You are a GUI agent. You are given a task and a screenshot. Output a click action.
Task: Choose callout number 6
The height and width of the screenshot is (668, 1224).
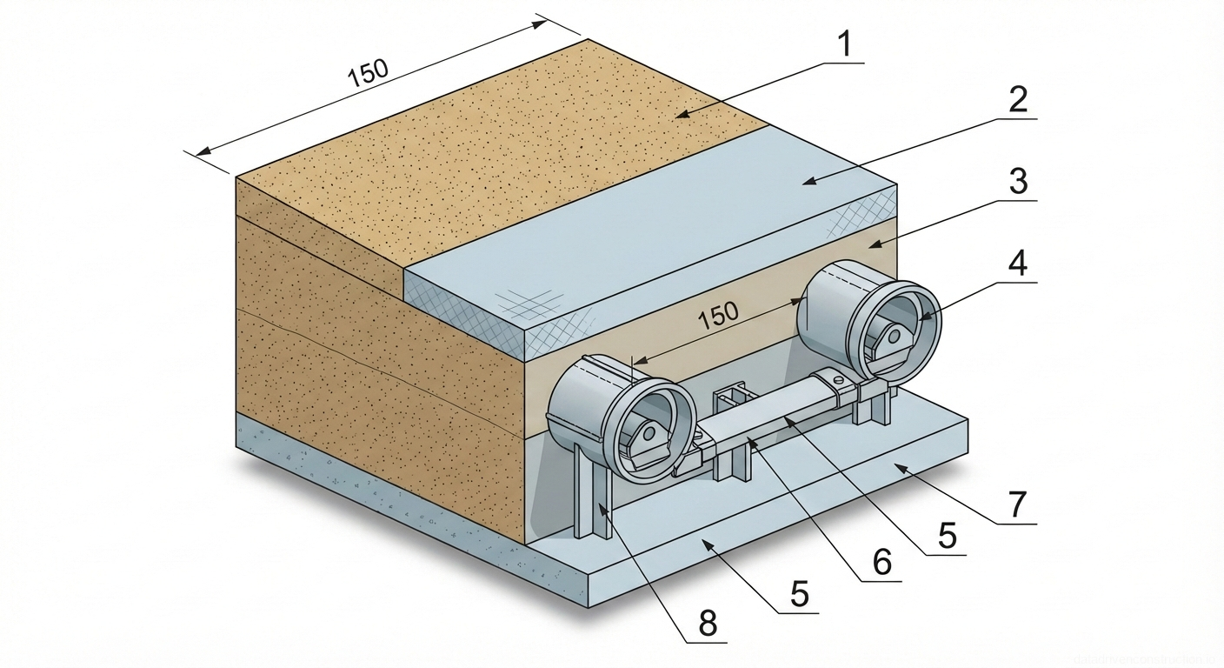point(881,563)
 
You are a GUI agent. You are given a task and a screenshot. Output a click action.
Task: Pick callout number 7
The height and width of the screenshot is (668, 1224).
point(1017,505)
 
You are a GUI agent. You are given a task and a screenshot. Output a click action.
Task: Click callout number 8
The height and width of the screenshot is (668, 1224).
point(708,625)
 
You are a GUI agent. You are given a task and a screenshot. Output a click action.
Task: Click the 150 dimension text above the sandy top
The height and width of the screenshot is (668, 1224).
point(367,74)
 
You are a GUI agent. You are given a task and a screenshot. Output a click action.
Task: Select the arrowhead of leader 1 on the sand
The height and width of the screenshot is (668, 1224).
point(682,114)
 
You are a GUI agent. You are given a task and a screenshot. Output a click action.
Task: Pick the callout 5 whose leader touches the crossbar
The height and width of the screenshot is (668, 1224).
point(947,537)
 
